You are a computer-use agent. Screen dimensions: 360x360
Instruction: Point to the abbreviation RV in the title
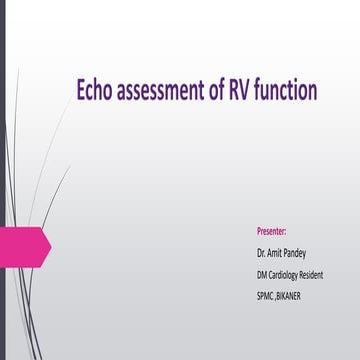(246, 92)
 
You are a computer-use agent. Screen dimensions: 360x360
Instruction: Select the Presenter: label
(272, 229)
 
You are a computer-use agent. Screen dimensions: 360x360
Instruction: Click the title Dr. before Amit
(262, 252)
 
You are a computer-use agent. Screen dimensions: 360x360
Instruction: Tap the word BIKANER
(303, 296)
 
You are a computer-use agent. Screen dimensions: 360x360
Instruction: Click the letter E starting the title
(81, 92)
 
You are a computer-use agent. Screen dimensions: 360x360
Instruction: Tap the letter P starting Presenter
(259, 229)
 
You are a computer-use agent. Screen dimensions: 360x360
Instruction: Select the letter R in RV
(241, 92)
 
